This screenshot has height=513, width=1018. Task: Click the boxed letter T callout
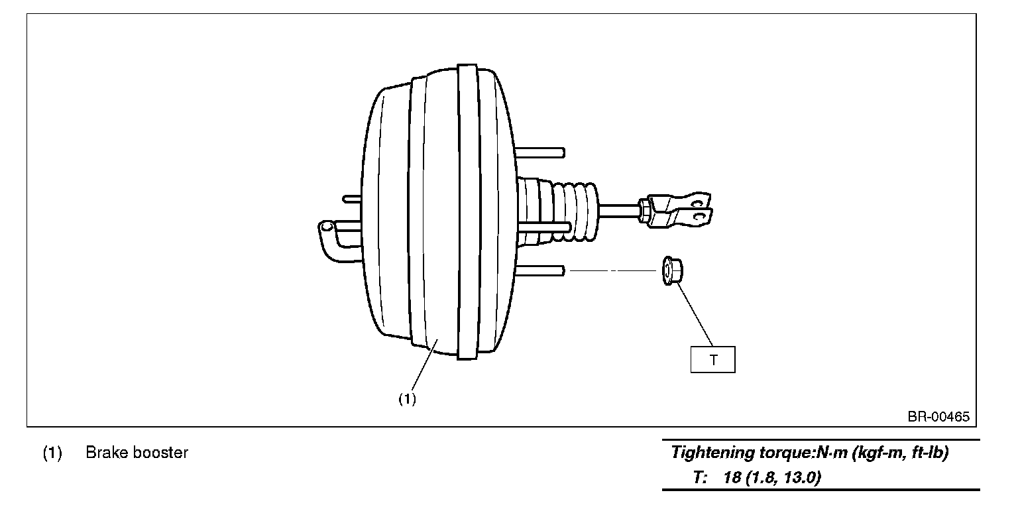coord(712,360)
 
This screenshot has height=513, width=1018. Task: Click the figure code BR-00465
coord(938,417)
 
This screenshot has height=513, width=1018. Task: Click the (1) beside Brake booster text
coord(52,453)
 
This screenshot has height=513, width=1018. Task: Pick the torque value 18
coord(732,478)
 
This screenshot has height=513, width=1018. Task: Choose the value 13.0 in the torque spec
coord(800,478)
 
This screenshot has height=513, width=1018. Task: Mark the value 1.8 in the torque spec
coord(760,478)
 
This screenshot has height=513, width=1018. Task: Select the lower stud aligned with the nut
coord(540,270)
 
